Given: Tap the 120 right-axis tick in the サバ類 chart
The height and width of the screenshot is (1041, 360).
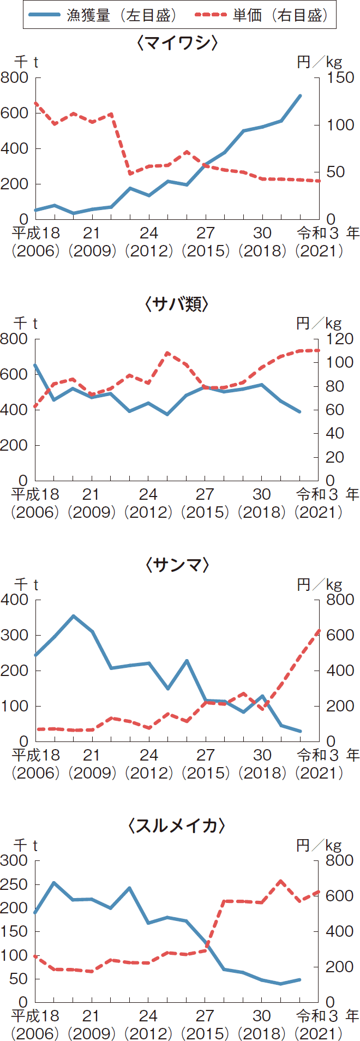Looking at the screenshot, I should point(339,339).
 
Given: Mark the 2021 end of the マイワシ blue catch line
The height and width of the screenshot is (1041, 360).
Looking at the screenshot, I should point(301,95).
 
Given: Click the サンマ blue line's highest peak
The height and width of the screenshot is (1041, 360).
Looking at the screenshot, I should point(73,616).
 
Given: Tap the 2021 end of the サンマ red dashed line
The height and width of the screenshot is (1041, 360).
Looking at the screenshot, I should point(319,631).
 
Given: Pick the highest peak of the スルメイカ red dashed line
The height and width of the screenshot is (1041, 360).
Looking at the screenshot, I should point(281,881).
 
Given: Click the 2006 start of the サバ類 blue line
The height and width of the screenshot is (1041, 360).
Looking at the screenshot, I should point(35,365).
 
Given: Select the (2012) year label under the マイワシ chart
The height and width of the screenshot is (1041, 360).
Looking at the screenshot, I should point(148,251).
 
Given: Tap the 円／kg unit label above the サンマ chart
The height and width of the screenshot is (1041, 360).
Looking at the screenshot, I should point(319,585).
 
